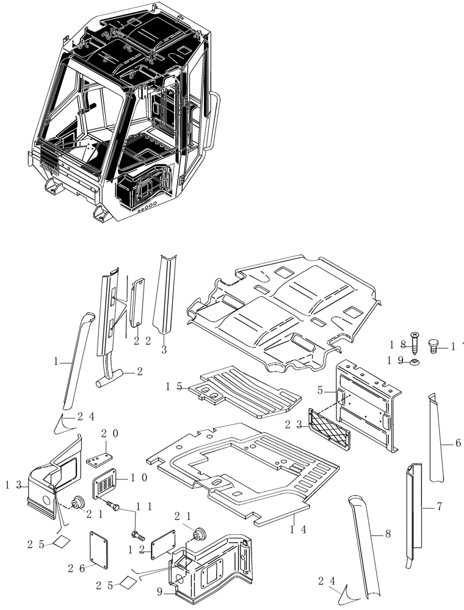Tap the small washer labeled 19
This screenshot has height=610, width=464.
(x=415, y=362)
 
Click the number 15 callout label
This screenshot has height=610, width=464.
(x=175, y=386)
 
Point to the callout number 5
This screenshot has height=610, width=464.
(x=321, y=390)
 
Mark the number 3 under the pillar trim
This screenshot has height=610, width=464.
(x=164, y=350)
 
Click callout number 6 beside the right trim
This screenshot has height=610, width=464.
(x=457, y=443)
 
